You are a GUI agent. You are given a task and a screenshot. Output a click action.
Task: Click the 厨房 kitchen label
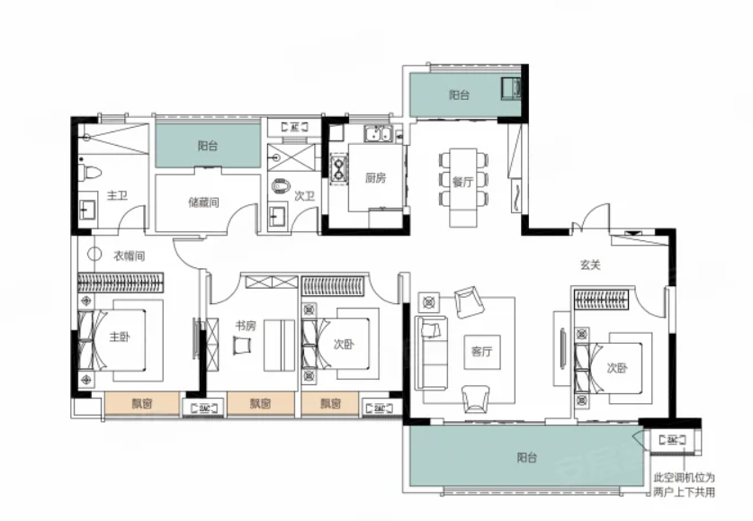pyautogui.click(x=375, y=178)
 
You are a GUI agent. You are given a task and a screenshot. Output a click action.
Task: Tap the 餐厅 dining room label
pyautogui.click(x=462, y=182)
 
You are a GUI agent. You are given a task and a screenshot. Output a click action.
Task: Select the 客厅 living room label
pyautogui.click(x=481, y=352)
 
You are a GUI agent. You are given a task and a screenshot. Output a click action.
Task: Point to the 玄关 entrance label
pyautogui.click(x=590, y=265)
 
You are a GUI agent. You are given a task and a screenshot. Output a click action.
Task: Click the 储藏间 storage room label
pyautogui.click(x=203, y=202)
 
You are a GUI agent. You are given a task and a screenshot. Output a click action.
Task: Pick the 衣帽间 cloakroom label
pyautogui.click(x=129, y=256)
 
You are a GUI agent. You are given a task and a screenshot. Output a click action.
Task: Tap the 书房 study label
pyautogui.click(x=246, y=327)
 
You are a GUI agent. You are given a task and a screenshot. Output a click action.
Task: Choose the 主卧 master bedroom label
pyautogui.click(x=120, y=337)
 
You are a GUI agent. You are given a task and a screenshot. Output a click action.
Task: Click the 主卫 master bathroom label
pyautogui.click(x=117, y=195)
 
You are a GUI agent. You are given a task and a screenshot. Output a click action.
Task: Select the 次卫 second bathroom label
pyautogui.click(x=304, y=196)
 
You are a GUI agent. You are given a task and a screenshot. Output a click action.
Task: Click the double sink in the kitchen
pyautogui.click(x=378, y=134)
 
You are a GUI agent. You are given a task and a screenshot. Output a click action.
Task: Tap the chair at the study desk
pyautogui.click(x=242, y=346)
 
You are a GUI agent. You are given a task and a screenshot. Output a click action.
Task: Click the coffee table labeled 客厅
pyautogui.click(x=482, y=352)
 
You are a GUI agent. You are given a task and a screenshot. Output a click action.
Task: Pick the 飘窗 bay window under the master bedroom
pyautogui.click(x=142, y=403)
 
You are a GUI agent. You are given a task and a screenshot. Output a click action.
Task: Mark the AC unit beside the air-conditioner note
pyautogui.click(x=672, y=440)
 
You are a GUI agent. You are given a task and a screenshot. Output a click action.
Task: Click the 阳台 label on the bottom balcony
pyautogui.click(x=527, y=458)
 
